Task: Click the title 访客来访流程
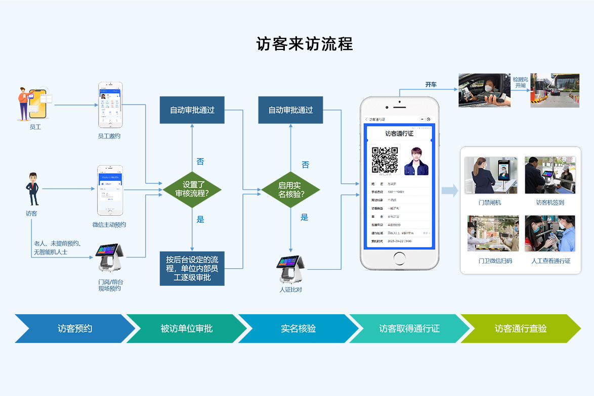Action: [305, 44]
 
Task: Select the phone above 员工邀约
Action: [110, 105]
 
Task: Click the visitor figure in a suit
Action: [33, 189]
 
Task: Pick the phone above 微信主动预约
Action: [110, 190]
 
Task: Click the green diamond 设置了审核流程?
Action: [192, 190]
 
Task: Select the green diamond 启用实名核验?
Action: [291, 190]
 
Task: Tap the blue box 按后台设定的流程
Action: [192, 268]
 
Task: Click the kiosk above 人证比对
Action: [290, 269]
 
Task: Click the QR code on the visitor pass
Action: [385, 160]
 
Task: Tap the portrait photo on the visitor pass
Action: [416, 161]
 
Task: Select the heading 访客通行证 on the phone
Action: [399, 134]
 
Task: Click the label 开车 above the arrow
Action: [431, 84]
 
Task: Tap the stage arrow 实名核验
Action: [299, 328]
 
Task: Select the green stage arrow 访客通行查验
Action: [520, 328]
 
